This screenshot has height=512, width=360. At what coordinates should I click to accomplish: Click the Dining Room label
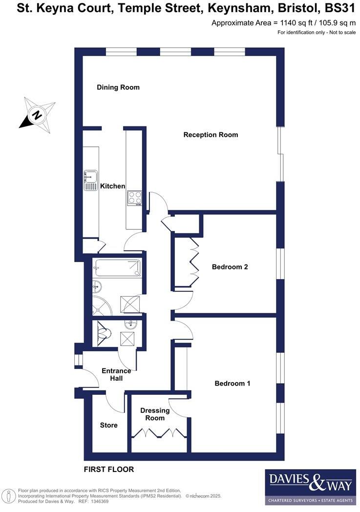tap(118, 87)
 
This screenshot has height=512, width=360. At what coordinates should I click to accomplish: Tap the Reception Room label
tap(211, 135)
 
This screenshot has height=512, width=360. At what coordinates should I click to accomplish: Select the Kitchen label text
tap(112, 186)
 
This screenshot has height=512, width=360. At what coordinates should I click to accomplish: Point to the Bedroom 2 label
tap(230, 267)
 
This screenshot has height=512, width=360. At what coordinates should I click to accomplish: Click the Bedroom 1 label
tap(233, 384)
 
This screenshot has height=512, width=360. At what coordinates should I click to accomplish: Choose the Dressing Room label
tap(155, 414)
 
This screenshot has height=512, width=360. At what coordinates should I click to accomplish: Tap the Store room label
tap(108, 425)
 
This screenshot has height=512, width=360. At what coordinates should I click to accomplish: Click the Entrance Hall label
tap(116, 374)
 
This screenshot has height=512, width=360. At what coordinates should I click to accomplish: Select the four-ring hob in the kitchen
tap(135, 198)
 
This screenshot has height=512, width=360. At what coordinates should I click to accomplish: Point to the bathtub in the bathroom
tap(118, 268)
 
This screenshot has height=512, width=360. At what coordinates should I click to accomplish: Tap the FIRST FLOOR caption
tap(108, 470)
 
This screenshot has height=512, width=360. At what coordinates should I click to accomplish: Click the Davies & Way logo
tap(311, 487)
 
